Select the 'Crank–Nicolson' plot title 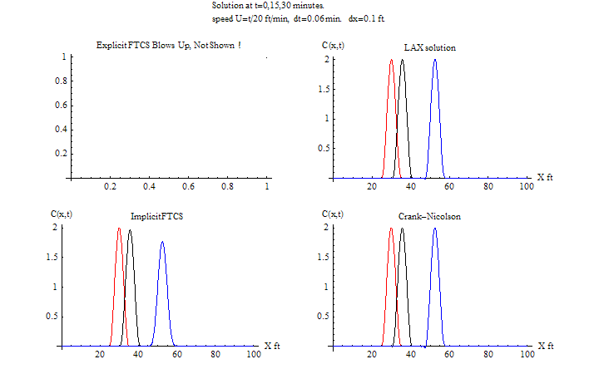429,216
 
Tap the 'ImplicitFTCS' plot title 156,216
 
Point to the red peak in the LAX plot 391,61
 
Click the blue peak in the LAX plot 435,61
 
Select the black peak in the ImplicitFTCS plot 129,230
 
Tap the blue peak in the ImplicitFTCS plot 162,244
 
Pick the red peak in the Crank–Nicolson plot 391,229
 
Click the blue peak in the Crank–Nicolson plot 435,229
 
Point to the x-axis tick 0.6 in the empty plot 189,188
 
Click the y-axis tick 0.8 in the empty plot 59,81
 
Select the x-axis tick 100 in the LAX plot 526,188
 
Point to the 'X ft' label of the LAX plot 545,177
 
